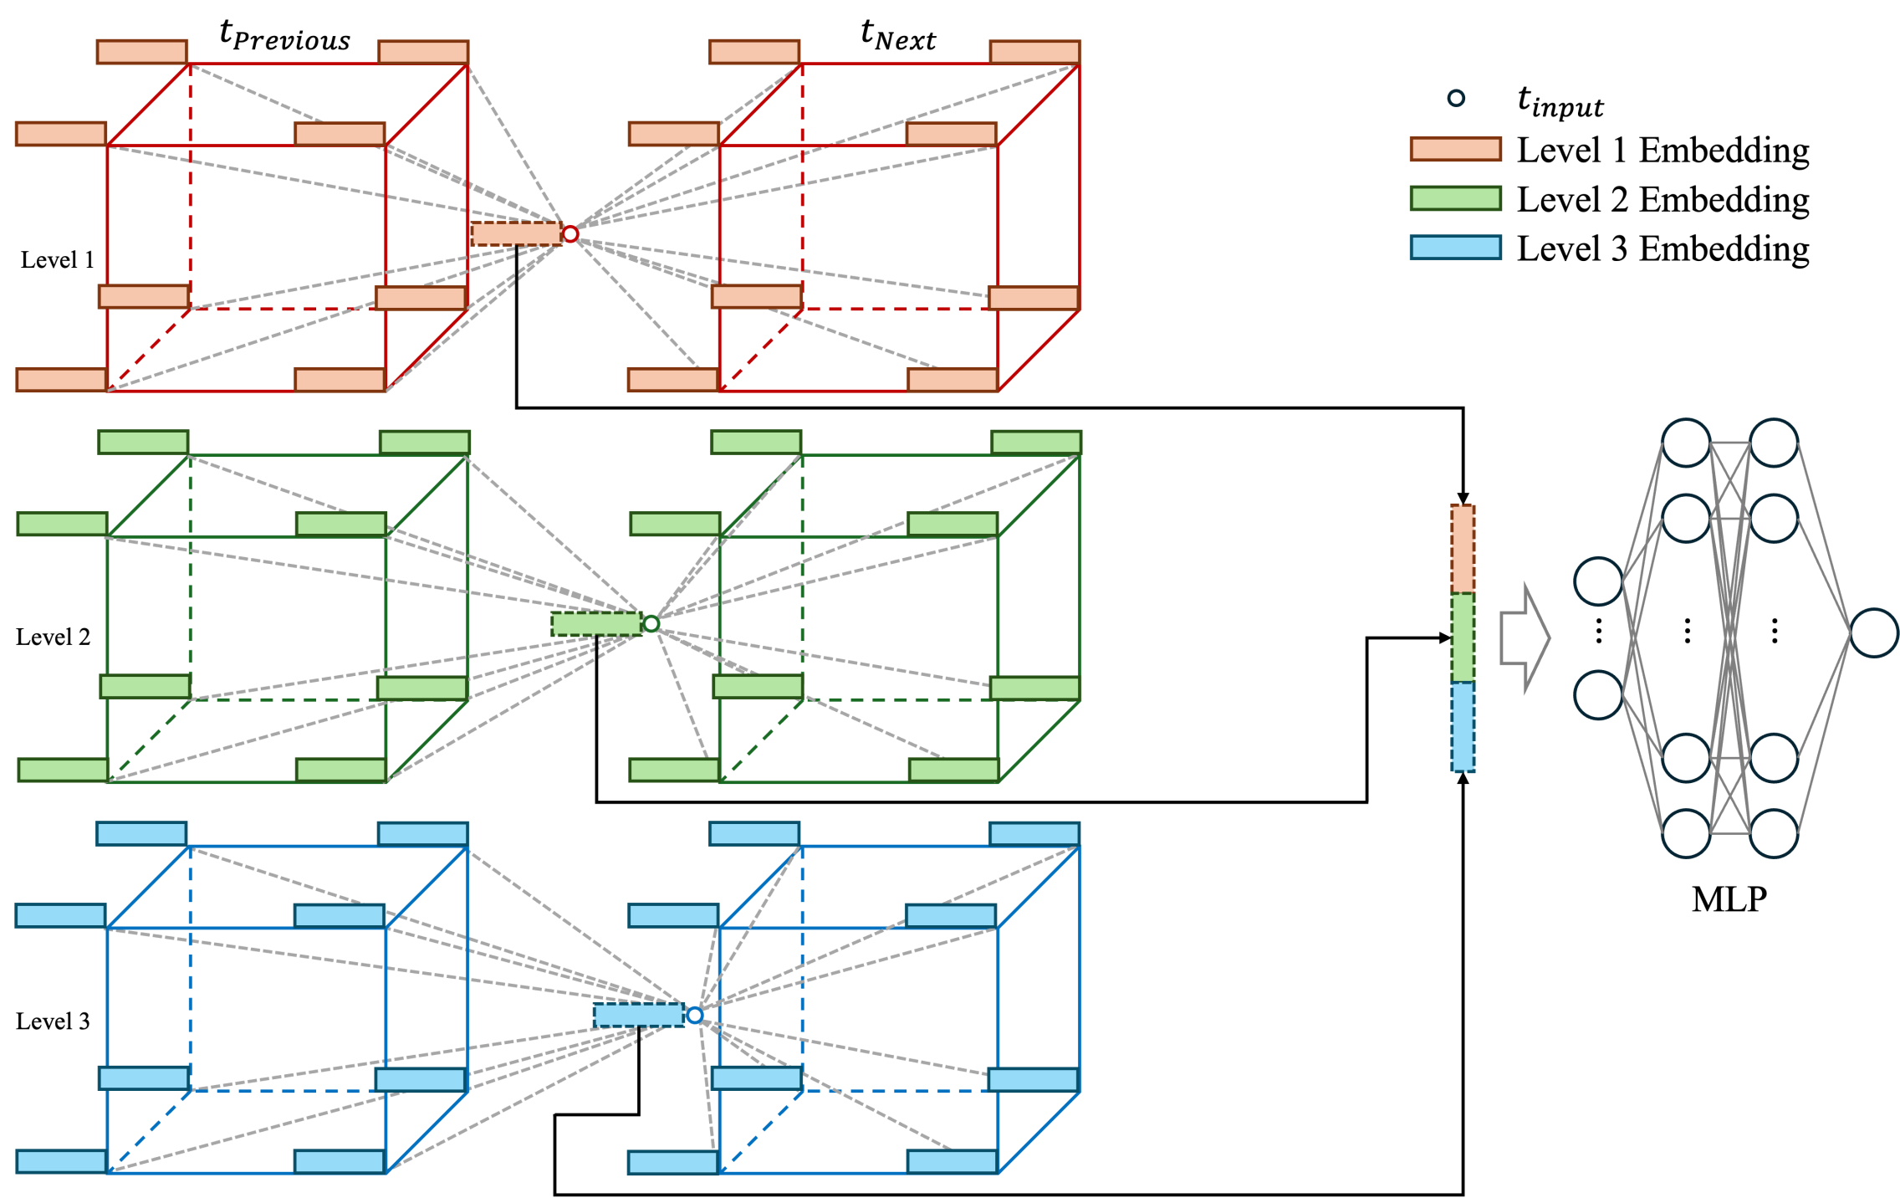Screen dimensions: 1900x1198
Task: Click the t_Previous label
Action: (284, 36)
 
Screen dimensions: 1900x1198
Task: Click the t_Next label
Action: (898, 36)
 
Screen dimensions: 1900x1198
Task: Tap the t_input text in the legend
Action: (1560, 102)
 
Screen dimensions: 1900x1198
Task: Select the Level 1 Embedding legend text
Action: (1663, 151)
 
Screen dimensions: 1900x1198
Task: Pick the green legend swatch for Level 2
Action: (1455, 198)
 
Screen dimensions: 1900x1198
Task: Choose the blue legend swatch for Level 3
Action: (1455, 248)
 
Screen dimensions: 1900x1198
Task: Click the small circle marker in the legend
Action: (1456, 98)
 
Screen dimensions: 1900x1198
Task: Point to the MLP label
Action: (1729, 899)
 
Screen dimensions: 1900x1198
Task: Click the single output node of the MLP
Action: (1874, 632)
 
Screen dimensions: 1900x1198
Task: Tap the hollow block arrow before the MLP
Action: (1525, 638)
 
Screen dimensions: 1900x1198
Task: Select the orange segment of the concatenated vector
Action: (1463, 549)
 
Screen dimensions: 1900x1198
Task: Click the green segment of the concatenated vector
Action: (1463, 637)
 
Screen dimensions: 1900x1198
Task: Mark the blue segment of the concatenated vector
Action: (1463, 726)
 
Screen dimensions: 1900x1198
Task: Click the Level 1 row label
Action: (58, 260)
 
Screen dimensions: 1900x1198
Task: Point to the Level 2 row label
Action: (53, 637)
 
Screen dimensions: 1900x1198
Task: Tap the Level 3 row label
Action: (53, 1021)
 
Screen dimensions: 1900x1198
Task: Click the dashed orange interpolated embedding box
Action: (516, 234)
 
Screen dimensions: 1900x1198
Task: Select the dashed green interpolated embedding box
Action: (596, 623)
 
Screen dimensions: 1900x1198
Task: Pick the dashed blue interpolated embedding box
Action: (639, 1015)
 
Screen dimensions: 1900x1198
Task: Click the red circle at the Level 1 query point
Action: (570, 234)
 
